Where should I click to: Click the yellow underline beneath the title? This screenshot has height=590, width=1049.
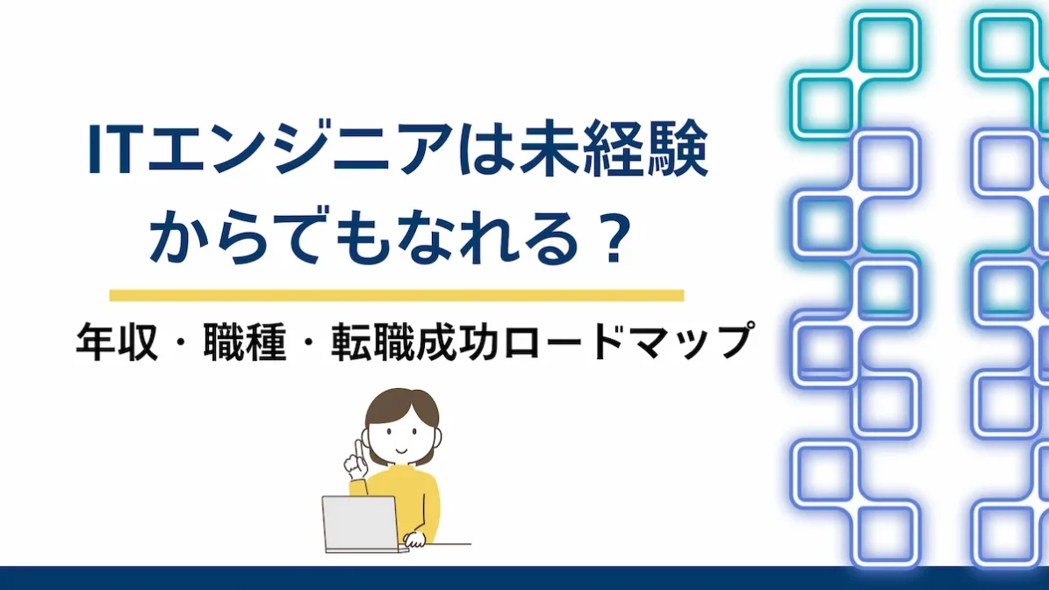(396, 295)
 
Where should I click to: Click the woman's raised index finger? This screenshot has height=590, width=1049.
(356, 444)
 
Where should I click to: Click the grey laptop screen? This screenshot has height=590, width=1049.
(360, 523)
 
